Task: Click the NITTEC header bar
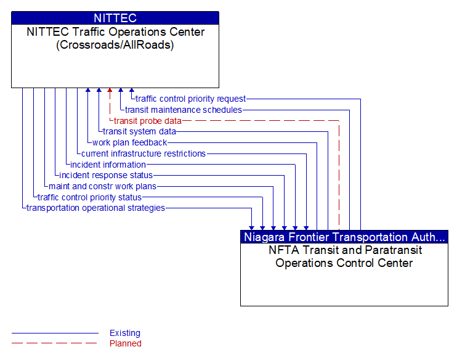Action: click(115, 18)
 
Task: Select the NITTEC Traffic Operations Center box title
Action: click(115, 38)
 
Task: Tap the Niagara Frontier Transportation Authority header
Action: click(344, 237)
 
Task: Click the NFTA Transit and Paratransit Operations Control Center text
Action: click(344, 256)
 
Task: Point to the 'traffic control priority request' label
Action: click(190, 99)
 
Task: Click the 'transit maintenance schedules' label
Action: click(183, 110)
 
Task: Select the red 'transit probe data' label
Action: click(147, 121)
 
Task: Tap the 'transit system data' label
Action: click(139, 131)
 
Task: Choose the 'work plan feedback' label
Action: click(129, 142)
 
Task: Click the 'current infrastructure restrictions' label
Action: click(144, 153)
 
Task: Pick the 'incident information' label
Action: click(108, 165)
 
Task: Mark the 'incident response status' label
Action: click(106, 176)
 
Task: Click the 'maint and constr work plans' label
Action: click(102, 186)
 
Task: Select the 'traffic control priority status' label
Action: click(89, 197)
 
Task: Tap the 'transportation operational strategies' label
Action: click(95, 208)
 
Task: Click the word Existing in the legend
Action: click(125, 333)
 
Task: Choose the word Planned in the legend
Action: click(126, 343)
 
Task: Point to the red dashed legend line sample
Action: click(54, 343)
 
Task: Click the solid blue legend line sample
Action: click(54, 333)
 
